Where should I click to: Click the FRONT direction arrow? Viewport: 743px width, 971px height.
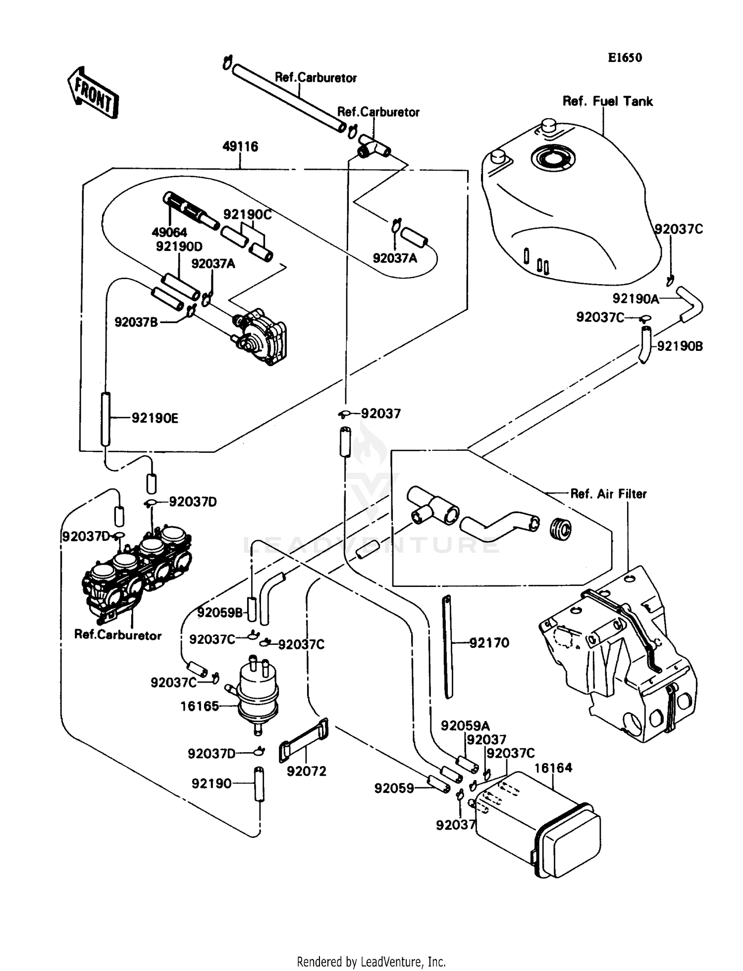tap(93, 93)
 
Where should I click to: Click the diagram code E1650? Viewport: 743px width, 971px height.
tap(625, 58)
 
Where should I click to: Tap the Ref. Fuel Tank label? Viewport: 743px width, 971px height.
tap(607, 101)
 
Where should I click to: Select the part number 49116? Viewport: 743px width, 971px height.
tap(240, 146)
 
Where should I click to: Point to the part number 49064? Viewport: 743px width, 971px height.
tap(169, 232)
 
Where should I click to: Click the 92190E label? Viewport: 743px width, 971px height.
tap(155, 419)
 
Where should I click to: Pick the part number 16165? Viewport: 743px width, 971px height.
tap(199, 706)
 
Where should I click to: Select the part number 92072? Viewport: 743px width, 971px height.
tap(307, 771)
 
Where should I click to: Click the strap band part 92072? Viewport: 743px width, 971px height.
tap(305, 740)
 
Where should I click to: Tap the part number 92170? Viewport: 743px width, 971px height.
tap(489, 643)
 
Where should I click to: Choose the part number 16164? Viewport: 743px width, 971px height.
tap(553, 768)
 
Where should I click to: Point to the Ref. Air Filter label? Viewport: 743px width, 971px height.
tap(608, 494)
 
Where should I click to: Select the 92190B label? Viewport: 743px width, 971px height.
tap(680, 346)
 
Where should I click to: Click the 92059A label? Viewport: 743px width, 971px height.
tap(465, 726)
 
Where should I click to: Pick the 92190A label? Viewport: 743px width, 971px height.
tap(636, 298)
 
